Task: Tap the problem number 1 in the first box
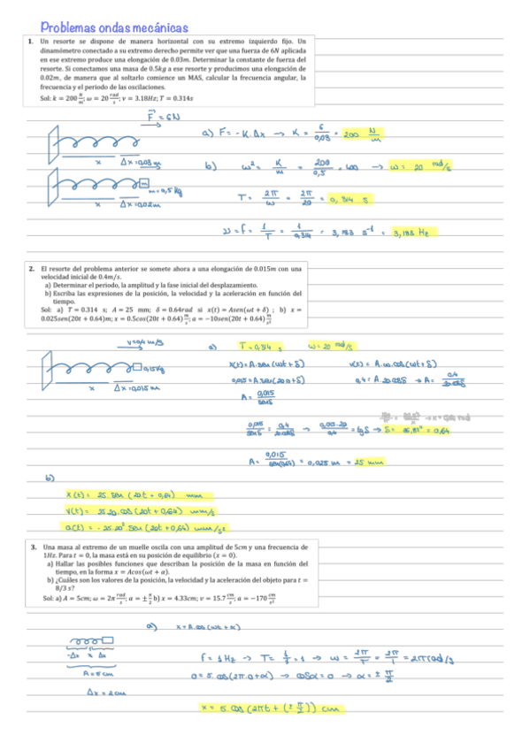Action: click(30, 42)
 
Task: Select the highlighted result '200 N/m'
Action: click(365, 135)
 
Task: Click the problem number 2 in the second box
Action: click(30, 268)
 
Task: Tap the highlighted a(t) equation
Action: click(149, 528)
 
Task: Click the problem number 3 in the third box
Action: click(33, 547)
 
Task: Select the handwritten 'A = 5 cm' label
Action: click(95, 673)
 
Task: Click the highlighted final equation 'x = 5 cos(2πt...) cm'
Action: click(271, 708)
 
